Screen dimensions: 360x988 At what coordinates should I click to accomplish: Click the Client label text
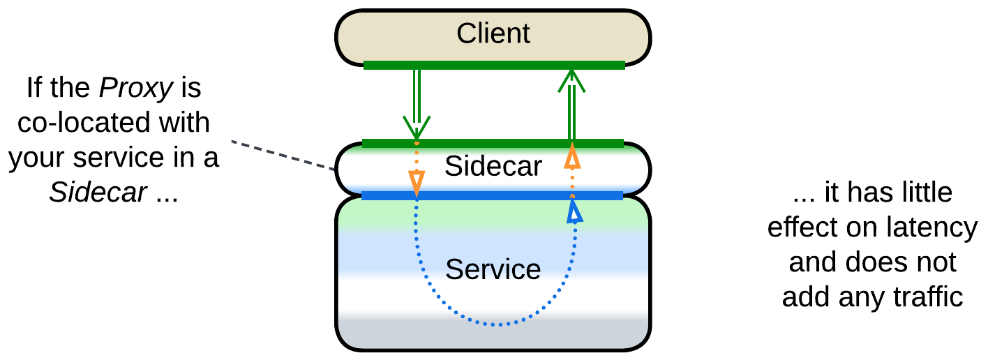click(493, 33)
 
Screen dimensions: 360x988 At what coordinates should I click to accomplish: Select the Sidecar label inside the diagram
click(493, 166)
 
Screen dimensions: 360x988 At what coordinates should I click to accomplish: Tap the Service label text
click(493, 269)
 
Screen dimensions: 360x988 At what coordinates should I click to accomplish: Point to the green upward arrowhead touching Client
click(571, 79)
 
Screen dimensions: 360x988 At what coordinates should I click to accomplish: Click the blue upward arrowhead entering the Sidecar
click(573, 210)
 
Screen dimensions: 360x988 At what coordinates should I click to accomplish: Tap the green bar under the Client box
click(493, 65)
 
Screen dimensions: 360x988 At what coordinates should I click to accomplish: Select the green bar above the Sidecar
click(493, 144)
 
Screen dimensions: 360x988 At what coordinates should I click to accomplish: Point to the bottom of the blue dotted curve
click(497, 324)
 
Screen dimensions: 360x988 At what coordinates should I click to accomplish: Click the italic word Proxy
click(135, 89)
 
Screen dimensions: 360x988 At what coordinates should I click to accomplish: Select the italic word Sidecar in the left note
click(98, 192)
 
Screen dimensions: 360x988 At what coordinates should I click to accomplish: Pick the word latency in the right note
click(935, 228)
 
